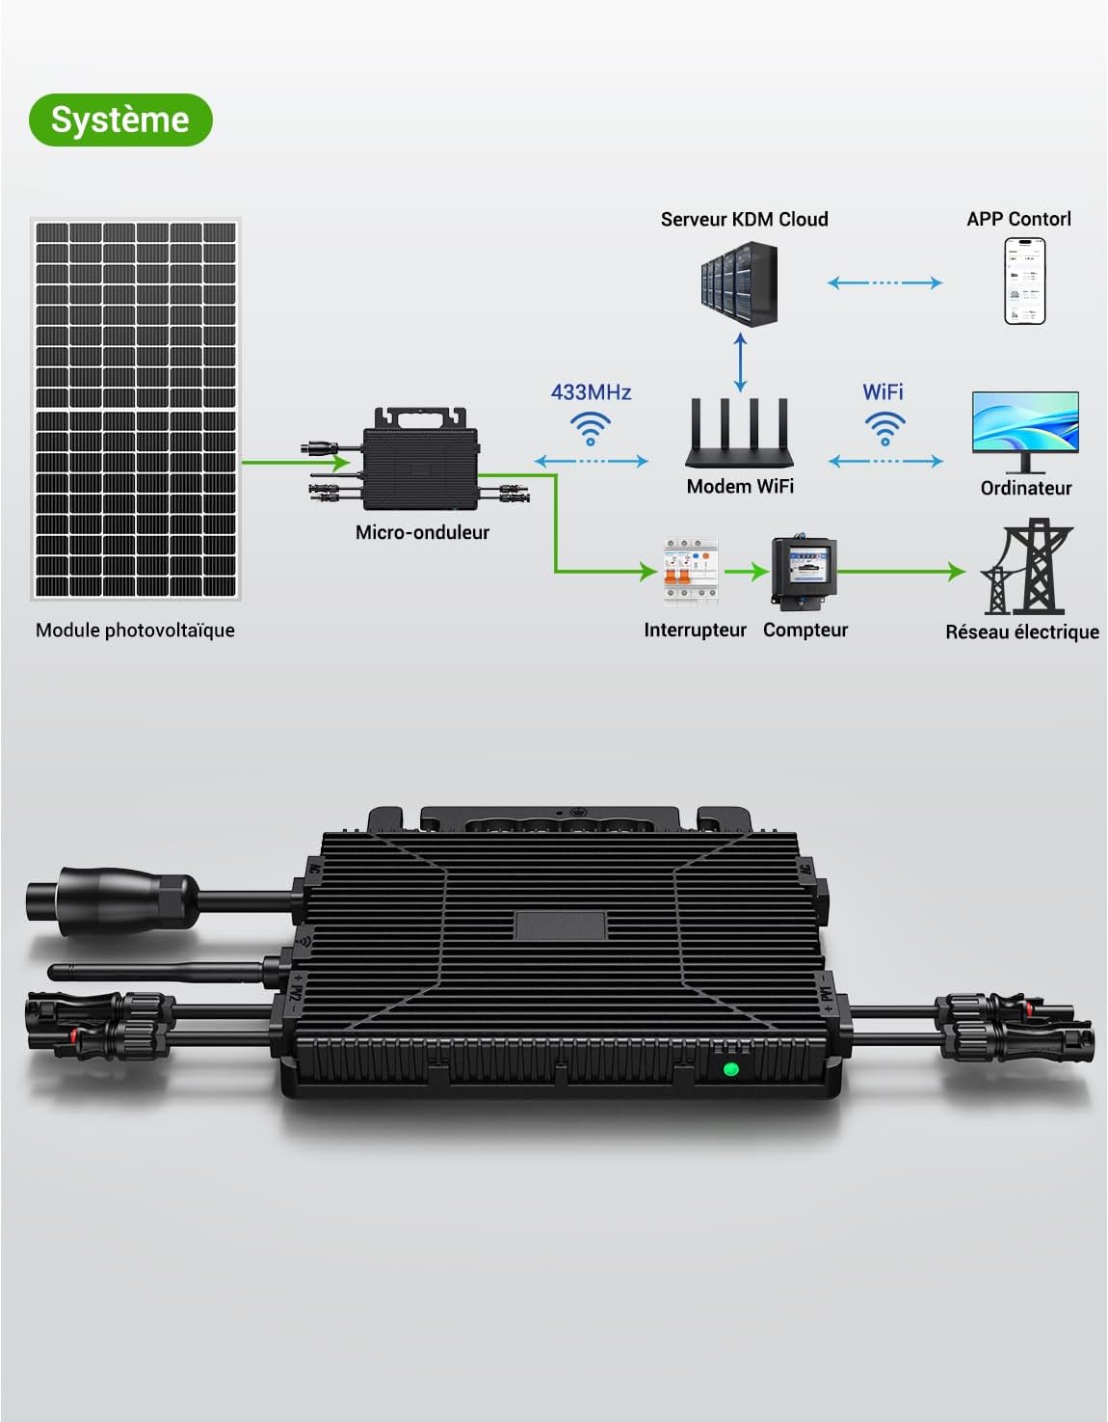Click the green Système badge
tap(121, 120)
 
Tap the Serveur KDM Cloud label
tap(744, 219)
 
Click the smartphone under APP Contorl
tap(1024, 281)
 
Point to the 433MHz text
tap(591, 392)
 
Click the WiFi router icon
tap(739, 432)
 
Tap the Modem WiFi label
tap(740, 486)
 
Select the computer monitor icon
tap(1025, 432)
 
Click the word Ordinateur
tap(1026, 488)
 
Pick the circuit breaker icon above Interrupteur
tap(691, 573)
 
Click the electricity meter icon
tap(804, 572)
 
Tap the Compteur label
tap(805, 630)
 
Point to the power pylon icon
tap(1026, 566)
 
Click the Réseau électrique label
tap(1021, 631)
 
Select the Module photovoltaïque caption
tap(135, 631)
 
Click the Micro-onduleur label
tap(422, 533)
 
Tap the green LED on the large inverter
tap(731, 1069)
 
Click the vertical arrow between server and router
tap(740, 362)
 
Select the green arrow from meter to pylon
tap(902, 572)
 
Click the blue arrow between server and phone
tap(884, 282)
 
